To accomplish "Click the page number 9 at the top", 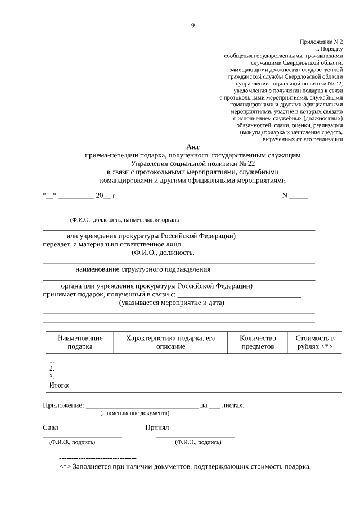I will point(192,25).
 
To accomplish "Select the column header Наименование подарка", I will point(80,343).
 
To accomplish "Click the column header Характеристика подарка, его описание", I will point(171,343).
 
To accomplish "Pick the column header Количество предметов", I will point(258,343).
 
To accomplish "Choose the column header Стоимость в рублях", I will point(315,343).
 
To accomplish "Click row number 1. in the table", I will point(52,360).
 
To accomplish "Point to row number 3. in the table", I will point(52,376).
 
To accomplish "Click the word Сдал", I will point(51,427).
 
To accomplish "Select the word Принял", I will point(157,427).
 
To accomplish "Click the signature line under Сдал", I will point(82,436).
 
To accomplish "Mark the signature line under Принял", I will point(195,436).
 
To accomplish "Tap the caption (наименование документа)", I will point(134,413).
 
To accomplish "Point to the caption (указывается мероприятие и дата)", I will point(172,303).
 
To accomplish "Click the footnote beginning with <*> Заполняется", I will point(185,467).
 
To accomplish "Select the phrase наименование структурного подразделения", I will point(143,269).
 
